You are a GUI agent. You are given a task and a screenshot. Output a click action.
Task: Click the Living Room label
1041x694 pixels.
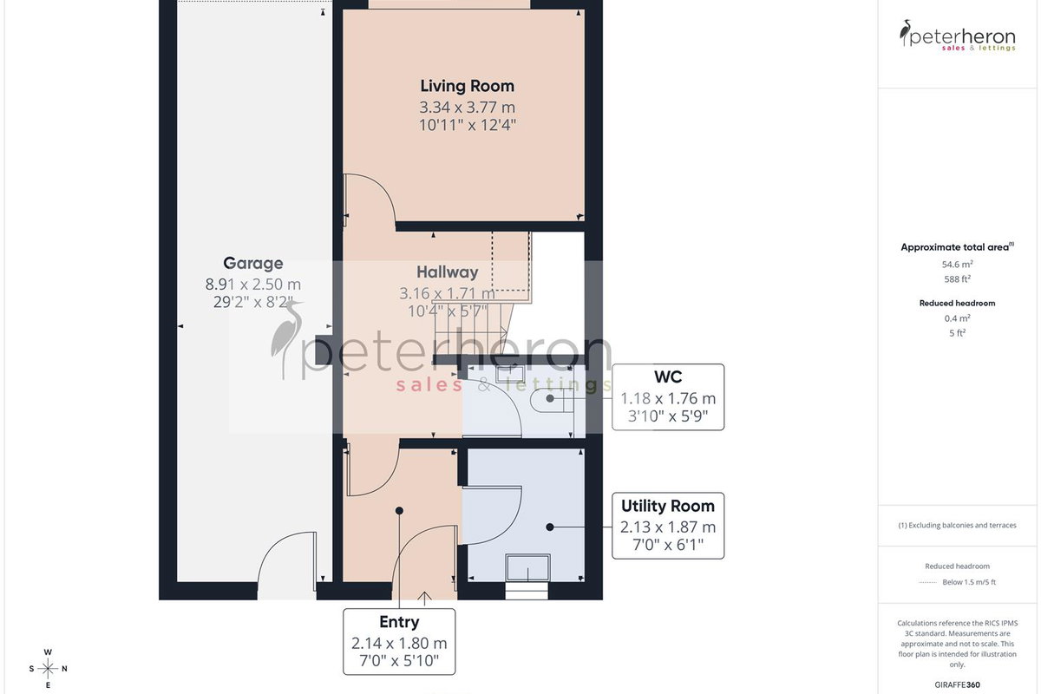click(467, 86)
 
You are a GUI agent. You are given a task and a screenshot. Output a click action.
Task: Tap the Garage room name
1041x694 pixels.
click(252, 263)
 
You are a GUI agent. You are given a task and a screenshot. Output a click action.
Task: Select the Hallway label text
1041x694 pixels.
click(447, 272)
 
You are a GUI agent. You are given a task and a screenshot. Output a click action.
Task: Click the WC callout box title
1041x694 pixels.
click(668, 376)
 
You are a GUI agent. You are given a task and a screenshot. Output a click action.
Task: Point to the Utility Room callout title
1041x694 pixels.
click(668, 506)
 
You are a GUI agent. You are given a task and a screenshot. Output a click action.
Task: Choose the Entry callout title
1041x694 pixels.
click(399, 621)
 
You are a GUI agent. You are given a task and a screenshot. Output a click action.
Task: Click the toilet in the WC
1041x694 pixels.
click(552, 399)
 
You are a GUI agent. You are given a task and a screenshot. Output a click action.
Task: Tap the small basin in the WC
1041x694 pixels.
click(510, 374)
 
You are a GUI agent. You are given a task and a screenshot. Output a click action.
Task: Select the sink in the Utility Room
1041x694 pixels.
click(527, 567)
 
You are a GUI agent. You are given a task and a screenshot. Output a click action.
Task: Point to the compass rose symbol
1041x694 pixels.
click(48, 669)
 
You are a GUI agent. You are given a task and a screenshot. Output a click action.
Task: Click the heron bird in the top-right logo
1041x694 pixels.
click(905, 33)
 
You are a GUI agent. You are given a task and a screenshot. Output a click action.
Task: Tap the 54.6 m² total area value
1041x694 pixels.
click(957, 265)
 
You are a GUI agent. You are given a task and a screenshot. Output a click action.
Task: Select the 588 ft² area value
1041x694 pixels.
click(957, 279)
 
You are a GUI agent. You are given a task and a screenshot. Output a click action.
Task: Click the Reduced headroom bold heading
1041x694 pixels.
click(957, 303)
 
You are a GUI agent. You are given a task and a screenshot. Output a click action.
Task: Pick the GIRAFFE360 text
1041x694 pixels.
click(957, 684)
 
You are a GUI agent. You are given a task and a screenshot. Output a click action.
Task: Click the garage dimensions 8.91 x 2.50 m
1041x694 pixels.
click(252, 284)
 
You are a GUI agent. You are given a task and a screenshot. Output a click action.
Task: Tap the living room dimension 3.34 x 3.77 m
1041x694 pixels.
click(467, 108)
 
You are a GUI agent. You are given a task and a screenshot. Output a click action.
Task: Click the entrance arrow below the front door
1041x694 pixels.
click(424, 599)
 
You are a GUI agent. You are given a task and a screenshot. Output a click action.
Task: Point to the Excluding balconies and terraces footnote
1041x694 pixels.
click(957, 525)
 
